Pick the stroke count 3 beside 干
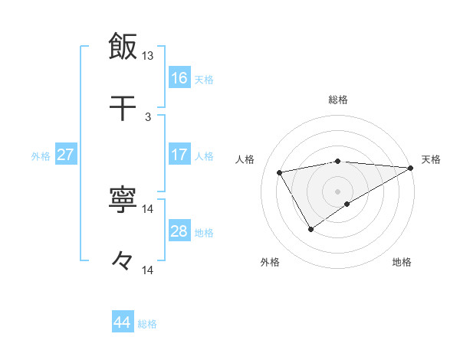(x=148, y=116)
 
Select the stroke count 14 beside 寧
(x=148, y=208)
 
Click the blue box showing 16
(x=179, y=78)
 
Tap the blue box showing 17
(x=179, y=155)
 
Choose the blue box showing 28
(x=179, y=231)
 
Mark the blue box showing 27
(x=66, y=155)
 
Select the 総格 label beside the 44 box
(x=147, y=324)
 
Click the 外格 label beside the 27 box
(x=41, y=155)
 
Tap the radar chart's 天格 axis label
(x=431, y=159)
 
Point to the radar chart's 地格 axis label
(x=402, y=262)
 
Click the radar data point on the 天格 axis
(x=412, y=167)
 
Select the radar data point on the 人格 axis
(x=280, y=172)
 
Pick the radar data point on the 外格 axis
(x=310, y=228)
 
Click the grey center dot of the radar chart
(x=338, y=191)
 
